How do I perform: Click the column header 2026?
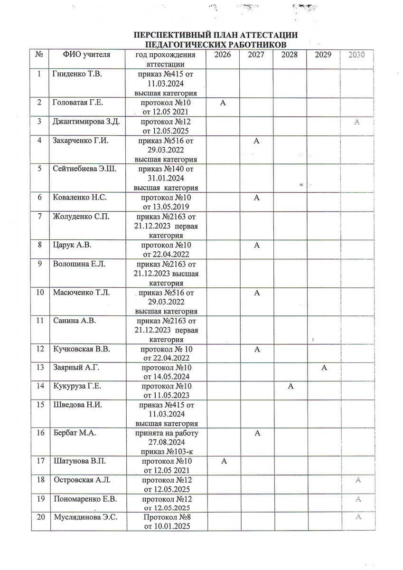[223, 55]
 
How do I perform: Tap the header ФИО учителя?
[87, 55]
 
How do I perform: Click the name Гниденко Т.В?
[78, 75]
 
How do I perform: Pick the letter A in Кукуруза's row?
[290, 386]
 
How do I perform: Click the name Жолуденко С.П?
[81, 217]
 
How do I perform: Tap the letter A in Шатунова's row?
[223, 461]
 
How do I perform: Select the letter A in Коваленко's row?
[256, 198]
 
